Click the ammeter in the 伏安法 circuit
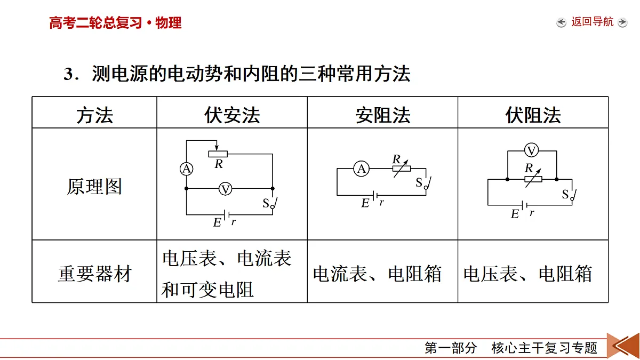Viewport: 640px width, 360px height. [187, 169]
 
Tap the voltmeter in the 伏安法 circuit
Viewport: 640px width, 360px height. [225, 189]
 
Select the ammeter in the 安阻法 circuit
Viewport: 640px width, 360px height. [362, 169]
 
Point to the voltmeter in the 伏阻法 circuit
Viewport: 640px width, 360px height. [531, 150]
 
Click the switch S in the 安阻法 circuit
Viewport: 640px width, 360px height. [428, 183]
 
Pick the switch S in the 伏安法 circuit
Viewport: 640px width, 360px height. [274, 203]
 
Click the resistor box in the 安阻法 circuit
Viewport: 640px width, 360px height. [402, 169]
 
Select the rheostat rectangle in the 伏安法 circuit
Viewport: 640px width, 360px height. [218, 154]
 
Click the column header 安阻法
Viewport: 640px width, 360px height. [383, 115]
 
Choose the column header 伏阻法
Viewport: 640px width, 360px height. [533, 115]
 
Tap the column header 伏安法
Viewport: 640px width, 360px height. [232, 115]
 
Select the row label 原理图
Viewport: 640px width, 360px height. [94, 186]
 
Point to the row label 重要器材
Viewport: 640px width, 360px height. [94, 274]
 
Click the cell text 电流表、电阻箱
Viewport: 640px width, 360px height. [377, 274]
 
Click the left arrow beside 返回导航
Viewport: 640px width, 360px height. [561, 22]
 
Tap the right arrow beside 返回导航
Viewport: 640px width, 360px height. [622, 22]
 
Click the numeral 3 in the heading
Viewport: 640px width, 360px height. [69, 74]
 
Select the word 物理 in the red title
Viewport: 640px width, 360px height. [169, 23]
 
